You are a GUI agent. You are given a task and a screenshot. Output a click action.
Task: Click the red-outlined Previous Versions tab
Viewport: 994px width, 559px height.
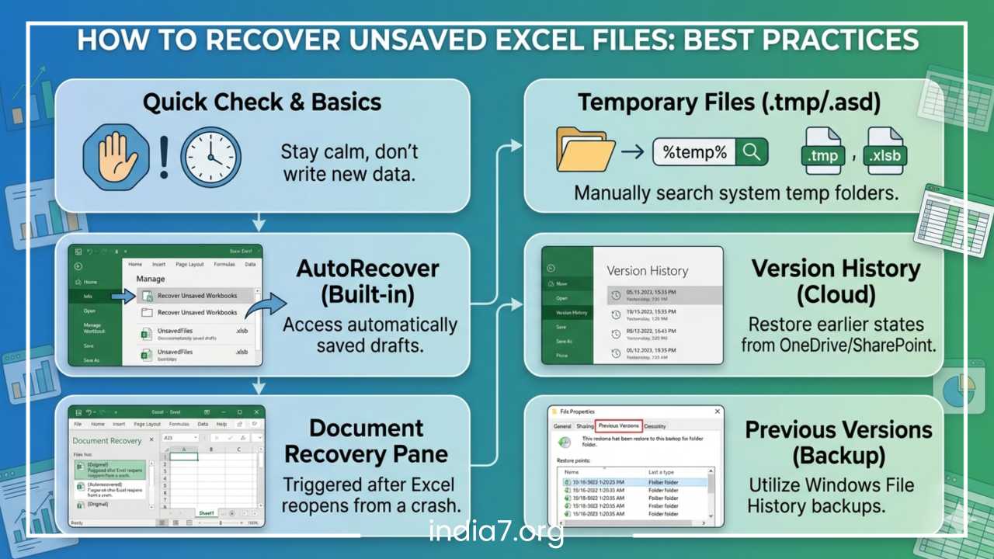pos(619,425)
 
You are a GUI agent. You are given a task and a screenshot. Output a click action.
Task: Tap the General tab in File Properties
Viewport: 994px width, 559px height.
pos(562,426)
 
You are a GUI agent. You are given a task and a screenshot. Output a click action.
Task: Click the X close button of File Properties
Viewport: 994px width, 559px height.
pos(717,411)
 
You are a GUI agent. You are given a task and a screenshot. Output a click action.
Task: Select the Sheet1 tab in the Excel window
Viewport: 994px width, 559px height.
pos(207,513)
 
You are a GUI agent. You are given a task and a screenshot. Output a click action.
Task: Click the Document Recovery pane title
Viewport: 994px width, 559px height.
pos(107,441)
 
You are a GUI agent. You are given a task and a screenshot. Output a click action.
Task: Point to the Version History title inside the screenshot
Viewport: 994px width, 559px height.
pos(648,271)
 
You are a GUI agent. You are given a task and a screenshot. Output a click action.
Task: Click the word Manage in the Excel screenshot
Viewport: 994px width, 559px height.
pos(151,278)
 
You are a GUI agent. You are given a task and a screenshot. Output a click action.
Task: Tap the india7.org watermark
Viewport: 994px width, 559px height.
pos(497,533)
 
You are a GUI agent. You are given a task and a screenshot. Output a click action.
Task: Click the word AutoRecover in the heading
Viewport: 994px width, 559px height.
pos(367,269)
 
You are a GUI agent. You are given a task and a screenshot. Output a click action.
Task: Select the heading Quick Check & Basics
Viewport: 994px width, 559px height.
pos(262,102)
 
